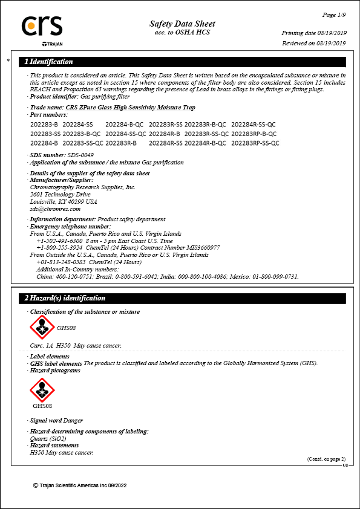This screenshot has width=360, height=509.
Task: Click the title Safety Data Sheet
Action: pos(182,24)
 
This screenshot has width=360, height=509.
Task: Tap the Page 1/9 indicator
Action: pos(333,14)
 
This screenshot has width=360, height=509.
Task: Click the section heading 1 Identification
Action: pos(48,62)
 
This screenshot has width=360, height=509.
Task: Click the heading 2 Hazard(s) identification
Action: pos(65,298)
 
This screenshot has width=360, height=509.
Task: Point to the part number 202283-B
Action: pos(44,124)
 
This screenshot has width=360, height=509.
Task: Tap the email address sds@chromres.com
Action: pos(55,209)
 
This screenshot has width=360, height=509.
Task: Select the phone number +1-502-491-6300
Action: pos(59,241)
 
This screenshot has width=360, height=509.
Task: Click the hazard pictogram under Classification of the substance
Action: pos(42,328)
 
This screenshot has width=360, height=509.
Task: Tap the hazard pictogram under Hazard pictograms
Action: pos(42,390)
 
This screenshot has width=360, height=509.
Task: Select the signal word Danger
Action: pos(73,420)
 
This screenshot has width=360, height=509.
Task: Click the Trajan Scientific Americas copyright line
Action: pos(80,485)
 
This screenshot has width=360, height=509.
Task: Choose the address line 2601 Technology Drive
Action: pos(60,194)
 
